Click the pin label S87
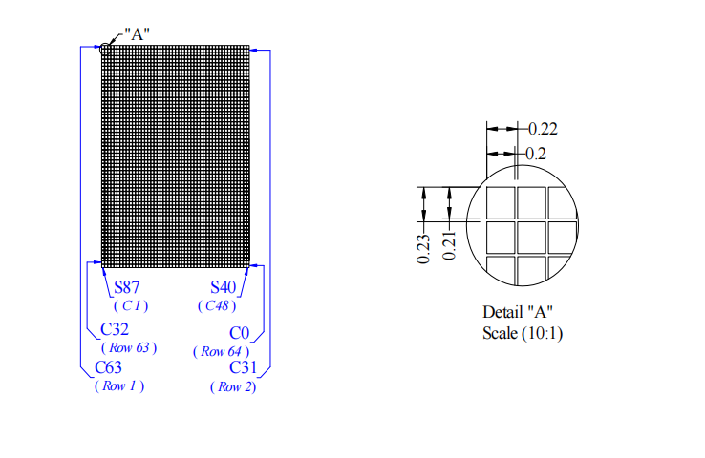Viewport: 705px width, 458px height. (127, 287)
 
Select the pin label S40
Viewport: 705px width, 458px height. (223, 287)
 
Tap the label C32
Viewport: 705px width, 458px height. (115, 329)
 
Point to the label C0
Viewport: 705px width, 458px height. (239, 333)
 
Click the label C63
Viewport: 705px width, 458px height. (108, 367)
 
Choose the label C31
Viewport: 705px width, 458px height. (243, 367)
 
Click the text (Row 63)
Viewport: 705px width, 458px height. (129, 348)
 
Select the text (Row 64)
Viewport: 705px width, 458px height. (222, 351)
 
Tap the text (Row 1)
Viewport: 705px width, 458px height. (119, 386)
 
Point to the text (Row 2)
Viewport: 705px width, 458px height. (233, 387)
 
